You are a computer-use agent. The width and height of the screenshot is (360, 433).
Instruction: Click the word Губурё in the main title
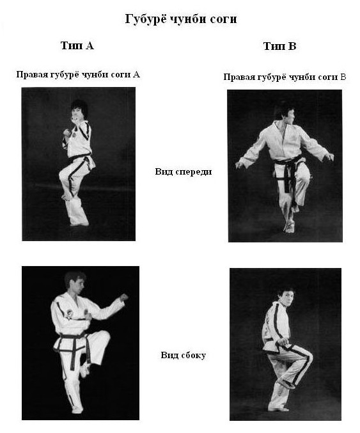(146, 19)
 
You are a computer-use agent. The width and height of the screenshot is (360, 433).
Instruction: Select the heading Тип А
(77, 45)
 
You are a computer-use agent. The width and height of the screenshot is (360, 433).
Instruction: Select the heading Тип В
(279, 46)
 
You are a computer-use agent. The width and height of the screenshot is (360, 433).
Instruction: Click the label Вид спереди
(184, 171)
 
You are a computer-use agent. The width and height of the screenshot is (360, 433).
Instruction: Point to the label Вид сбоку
(184, 355)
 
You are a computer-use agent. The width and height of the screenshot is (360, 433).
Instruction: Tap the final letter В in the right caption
(343, 77)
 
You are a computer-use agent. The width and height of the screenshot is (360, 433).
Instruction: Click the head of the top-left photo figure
(79, 110)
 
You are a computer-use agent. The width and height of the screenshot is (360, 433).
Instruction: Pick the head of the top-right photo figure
(284, 113)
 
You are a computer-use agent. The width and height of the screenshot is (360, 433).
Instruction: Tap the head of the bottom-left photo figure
(75, 282)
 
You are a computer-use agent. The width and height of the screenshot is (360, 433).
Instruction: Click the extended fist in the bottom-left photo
(123, 297)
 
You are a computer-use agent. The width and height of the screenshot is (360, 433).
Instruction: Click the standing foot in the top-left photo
(79, 223)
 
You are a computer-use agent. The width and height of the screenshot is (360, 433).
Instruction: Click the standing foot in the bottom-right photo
(279, 409)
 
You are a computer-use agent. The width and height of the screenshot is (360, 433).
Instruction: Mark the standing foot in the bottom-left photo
(77, 410)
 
